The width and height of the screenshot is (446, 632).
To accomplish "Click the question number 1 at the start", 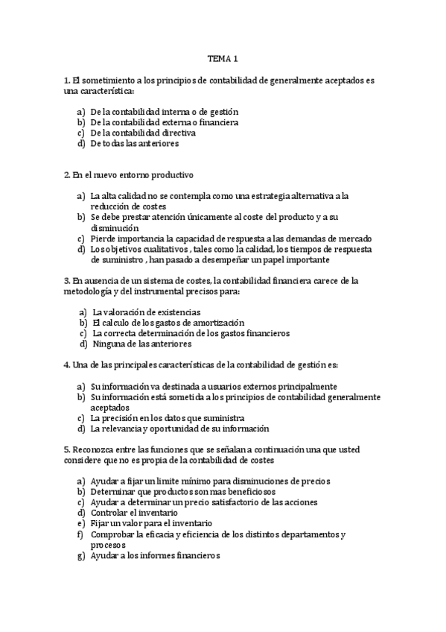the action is (66, 80).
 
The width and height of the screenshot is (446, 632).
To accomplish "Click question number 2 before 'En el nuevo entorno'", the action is (66, 175).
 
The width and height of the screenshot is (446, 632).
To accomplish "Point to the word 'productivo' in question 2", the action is (169, 175).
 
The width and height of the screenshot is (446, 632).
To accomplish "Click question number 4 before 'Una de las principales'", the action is (66, 365).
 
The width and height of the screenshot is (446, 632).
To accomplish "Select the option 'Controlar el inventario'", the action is (134, 513).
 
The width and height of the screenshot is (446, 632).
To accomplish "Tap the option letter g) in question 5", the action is (80, 556).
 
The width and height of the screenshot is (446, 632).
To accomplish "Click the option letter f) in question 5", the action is (80, 534).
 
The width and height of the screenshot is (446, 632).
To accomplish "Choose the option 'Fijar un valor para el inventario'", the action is (151, 523).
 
